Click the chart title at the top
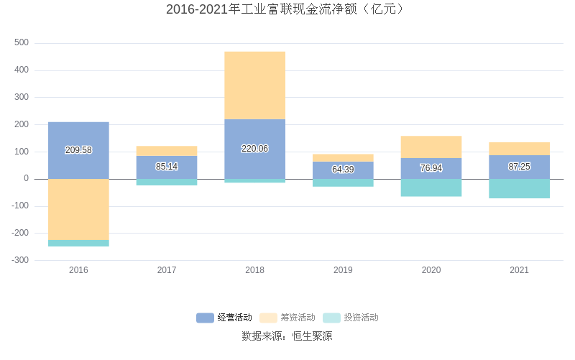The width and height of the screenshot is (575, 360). [x=287, y=9]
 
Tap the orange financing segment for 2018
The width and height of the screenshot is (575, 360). [x=254, y=85]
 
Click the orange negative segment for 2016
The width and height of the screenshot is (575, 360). [x=78, y=209]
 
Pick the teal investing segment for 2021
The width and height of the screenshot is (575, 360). [x=519, y=188]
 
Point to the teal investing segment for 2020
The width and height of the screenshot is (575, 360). [x=431, y=188]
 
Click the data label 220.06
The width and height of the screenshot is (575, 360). [x=254, y=149]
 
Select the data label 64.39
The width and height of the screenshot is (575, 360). [x=343, y=170]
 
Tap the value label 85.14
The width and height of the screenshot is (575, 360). [x=167, y=167]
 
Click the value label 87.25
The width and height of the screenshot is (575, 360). [x=519, y=166]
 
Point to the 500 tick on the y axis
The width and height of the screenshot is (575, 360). [x=22, y=43]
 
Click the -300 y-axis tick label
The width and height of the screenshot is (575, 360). [x=19, y=260]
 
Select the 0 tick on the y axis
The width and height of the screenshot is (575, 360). [x=26, y=179]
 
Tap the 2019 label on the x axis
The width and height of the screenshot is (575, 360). [x=343, y=270]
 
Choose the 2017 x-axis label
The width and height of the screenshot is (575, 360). [x=167, y=270]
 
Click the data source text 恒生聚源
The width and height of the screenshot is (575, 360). [x=312, y=336]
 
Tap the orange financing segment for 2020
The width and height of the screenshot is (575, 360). [x=431, y=147]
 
